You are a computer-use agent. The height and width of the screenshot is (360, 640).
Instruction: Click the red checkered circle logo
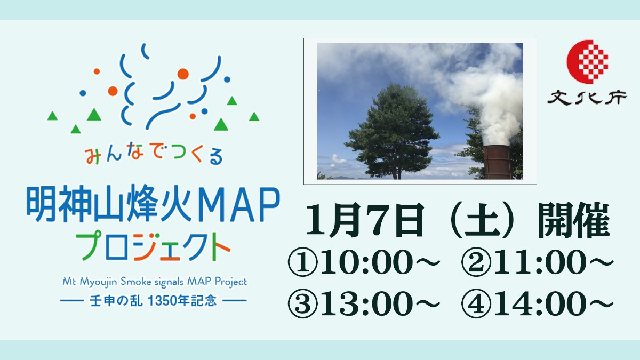(x=587, y=62)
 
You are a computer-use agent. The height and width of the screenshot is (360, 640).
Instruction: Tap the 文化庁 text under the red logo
(x=587, y=98)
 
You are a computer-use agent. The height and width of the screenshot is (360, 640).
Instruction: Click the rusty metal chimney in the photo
(x=498, y=162)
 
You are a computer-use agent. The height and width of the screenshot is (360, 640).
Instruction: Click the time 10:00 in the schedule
(x=366, y=262)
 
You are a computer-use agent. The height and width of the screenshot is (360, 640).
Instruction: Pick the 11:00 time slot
(x=540, y=262)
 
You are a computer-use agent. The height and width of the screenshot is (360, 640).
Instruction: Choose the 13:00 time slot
(x=366, y=303)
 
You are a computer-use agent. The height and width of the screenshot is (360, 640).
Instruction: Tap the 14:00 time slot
(x=540, y=303)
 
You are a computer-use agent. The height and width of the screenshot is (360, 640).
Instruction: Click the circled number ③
(x=303, y=303)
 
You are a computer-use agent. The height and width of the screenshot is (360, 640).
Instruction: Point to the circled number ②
(x=476, y=262)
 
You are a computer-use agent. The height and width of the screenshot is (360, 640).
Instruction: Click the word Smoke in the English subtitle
(x=135, y=282)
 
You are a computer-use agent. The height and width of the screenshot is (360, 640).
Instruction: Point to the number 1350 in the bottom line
(x=162, y=301)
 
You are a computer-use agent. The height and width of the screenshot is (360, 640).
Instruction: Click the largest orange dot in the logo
(x=183, y=74)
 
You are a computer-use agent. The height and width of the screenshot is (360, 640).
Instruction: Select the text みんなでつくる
(x=154, y=155)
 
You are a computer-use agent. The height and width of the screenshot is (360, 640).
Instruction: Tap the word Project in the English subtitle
(x=231, y=282)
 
